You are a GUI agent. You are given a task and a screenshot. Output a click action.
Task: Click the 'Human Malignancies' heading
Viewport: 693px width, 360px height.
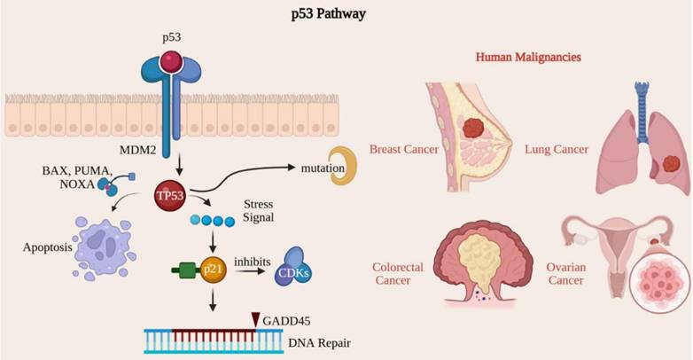click(x=528, y=57)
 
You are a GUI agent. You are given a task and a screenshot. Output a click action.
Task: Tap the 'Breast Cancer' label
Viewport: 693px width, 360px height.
click(x=404, y=149)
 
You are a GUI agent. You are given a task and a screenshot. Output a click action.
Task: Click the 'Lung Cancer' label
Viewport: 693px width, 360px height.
click(x=557, y=149)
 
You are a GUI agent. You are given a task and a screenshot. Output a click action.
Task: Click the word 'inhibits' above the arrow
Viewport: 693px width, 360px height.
click(x=255, y=261)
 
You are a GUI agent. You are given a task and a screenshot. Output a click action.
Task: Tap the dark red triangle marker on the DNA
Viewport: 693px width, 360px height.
click(x=257, y=320)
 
